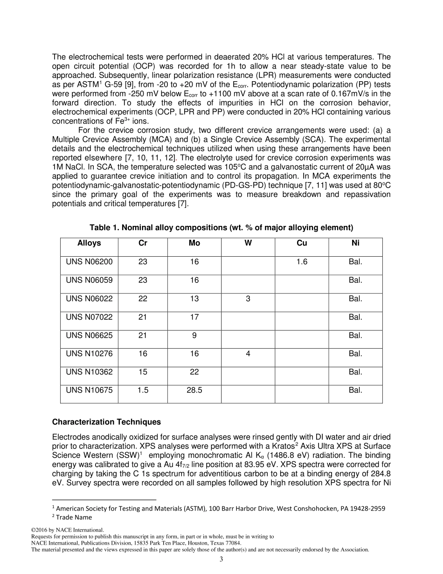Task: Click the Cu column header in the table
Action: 302,243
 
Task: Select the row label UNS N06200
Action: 89,262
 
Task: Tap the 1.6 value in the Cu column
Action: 302,262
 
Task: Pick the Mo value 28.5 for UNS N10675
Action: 194,390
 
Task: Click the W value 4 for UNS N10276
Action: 248,354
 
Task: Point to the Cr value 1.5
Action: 143,390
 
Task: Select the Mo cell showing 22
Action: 194,372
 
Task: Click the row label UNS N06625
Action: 89,335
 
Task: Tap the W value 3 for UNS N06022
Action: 248,299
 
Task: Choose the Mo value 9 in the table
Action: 194,335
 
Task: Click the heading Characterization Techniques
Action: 106,422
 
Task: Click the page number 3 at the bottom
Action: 221,559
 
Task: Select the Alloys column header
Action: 89,243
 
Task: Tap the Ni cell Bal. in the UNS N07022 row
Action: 355,317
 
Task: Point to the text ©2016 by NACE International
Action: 67,530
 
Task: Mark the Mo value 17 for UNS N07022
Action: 194,317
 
